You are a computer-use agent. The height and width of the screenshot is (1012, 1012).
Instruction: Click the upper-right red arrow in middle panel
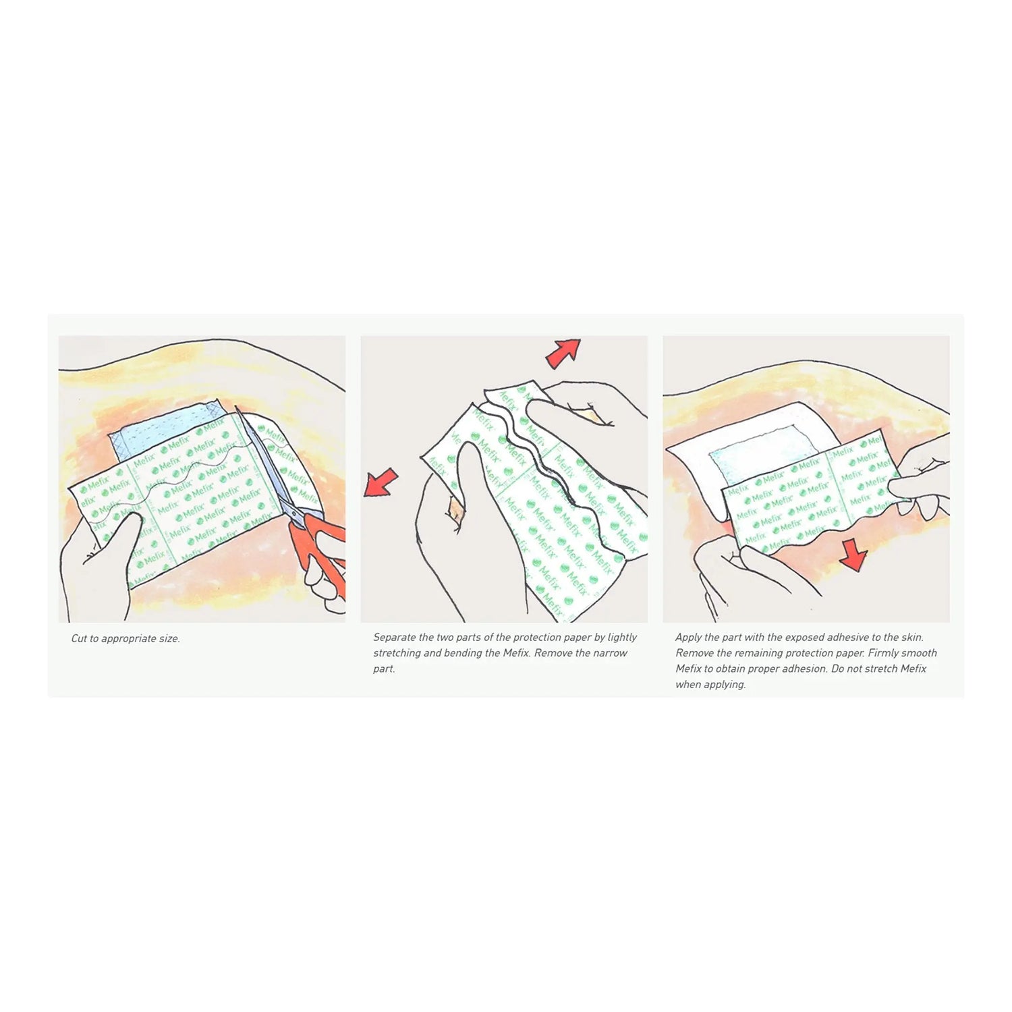click(563, 353)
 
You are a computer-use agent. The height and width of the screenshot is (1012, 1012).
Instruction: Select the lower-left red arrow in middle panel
click(381, 483)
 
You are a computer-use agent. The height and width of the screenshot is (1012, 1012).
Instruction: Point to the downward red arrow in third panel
click(854, 556)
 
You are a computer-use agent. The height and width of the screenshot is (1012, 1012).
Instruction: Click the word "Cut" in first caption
click(79, 638)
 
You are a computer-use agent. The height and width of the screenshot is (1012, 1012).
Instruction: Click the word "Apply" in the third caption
click(689, 638)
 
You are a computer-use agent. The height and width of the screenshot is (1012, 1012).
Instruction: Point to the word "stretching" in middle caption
click(397, 653)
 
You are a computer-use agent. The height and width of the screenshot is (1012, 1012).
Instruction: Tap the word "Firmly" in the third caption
click(884, 653)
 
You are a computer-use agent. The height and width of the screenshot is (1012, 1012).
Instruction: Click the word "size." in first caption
click(169, 638)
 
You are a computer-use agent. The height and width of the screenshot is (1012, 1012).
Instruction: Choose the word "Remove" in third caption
click(694, 653)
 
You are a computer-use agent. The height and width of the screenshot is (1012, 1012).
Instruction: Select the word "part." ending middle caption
click(384, 669)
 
